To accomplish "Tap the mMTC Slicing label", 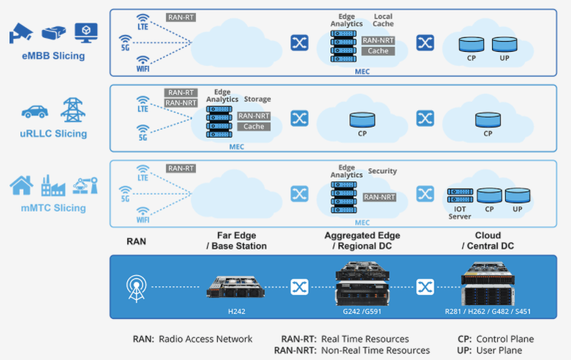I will (x=53, y=208).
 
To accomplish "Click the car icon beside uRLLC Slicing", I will (x=35, y=111).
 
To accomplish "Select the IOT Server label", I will (x=460, y=212).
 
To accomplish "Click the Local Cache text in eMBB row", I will (x=383, y=20).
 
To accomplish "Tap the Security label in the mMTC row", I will (x=382, y=171).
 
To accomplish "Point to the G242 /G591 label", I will (x=362, y=310).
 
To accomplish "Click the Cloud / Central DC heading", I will (x=488, y=241).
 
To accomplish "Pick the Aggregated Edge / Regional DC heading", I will (x=362, y=241).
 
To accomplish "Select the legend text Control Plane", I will (x=504, y=339).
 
